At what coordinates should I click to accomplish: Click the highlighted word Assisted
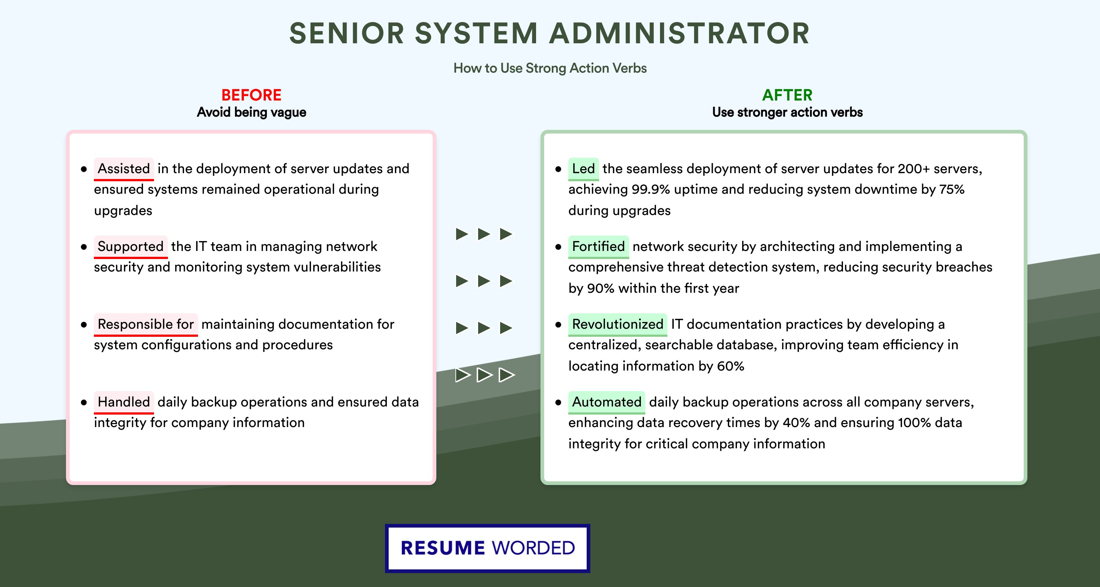124,169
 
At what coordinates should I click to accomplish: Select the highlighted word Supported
131,247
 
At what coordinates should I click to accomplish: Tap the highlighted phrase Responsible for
146,324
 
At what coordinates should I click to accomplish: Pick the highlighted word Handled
124,402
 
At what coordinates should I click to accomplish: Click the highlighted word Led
583,169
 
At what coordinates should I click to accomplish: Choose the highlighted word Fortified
598,247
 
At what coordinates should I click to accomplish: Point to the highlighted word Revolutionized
617,324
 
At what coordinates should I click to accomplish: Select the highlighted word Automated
606,402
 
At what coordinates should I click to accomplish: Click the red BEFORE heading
252,95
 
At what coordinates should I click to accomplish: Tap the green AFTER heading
788,95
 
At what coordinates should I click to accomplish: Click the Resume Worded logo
488,548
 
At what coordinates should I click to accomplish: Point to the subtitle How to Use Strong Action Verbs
550,68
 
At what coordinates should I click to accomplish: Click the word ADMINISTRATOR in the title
679,33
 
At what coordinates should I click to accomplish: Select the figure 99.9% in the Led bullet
651,189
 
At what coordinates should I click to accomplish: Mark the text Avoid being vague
252,112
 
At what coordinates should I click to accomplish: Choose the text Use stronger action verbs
788,112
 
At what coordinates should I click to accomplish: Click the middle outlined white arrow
484,375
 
